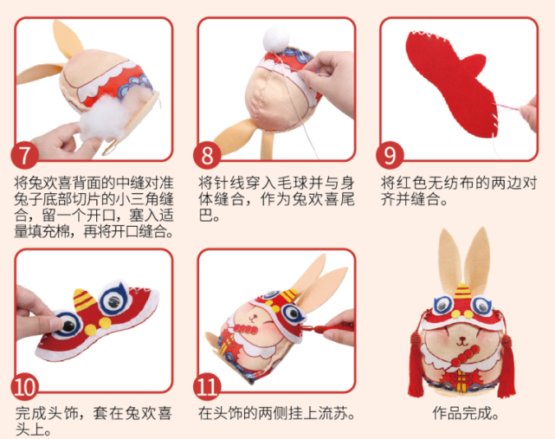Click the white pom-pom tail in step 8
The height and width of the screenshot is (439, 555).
275,36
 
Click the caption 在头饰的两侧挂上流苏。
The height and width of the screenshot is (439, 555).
276,413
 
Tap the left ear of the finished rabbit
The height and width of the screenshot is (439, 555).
451,260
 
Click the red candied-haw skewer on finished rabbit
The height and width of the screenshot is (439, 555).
464,352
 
